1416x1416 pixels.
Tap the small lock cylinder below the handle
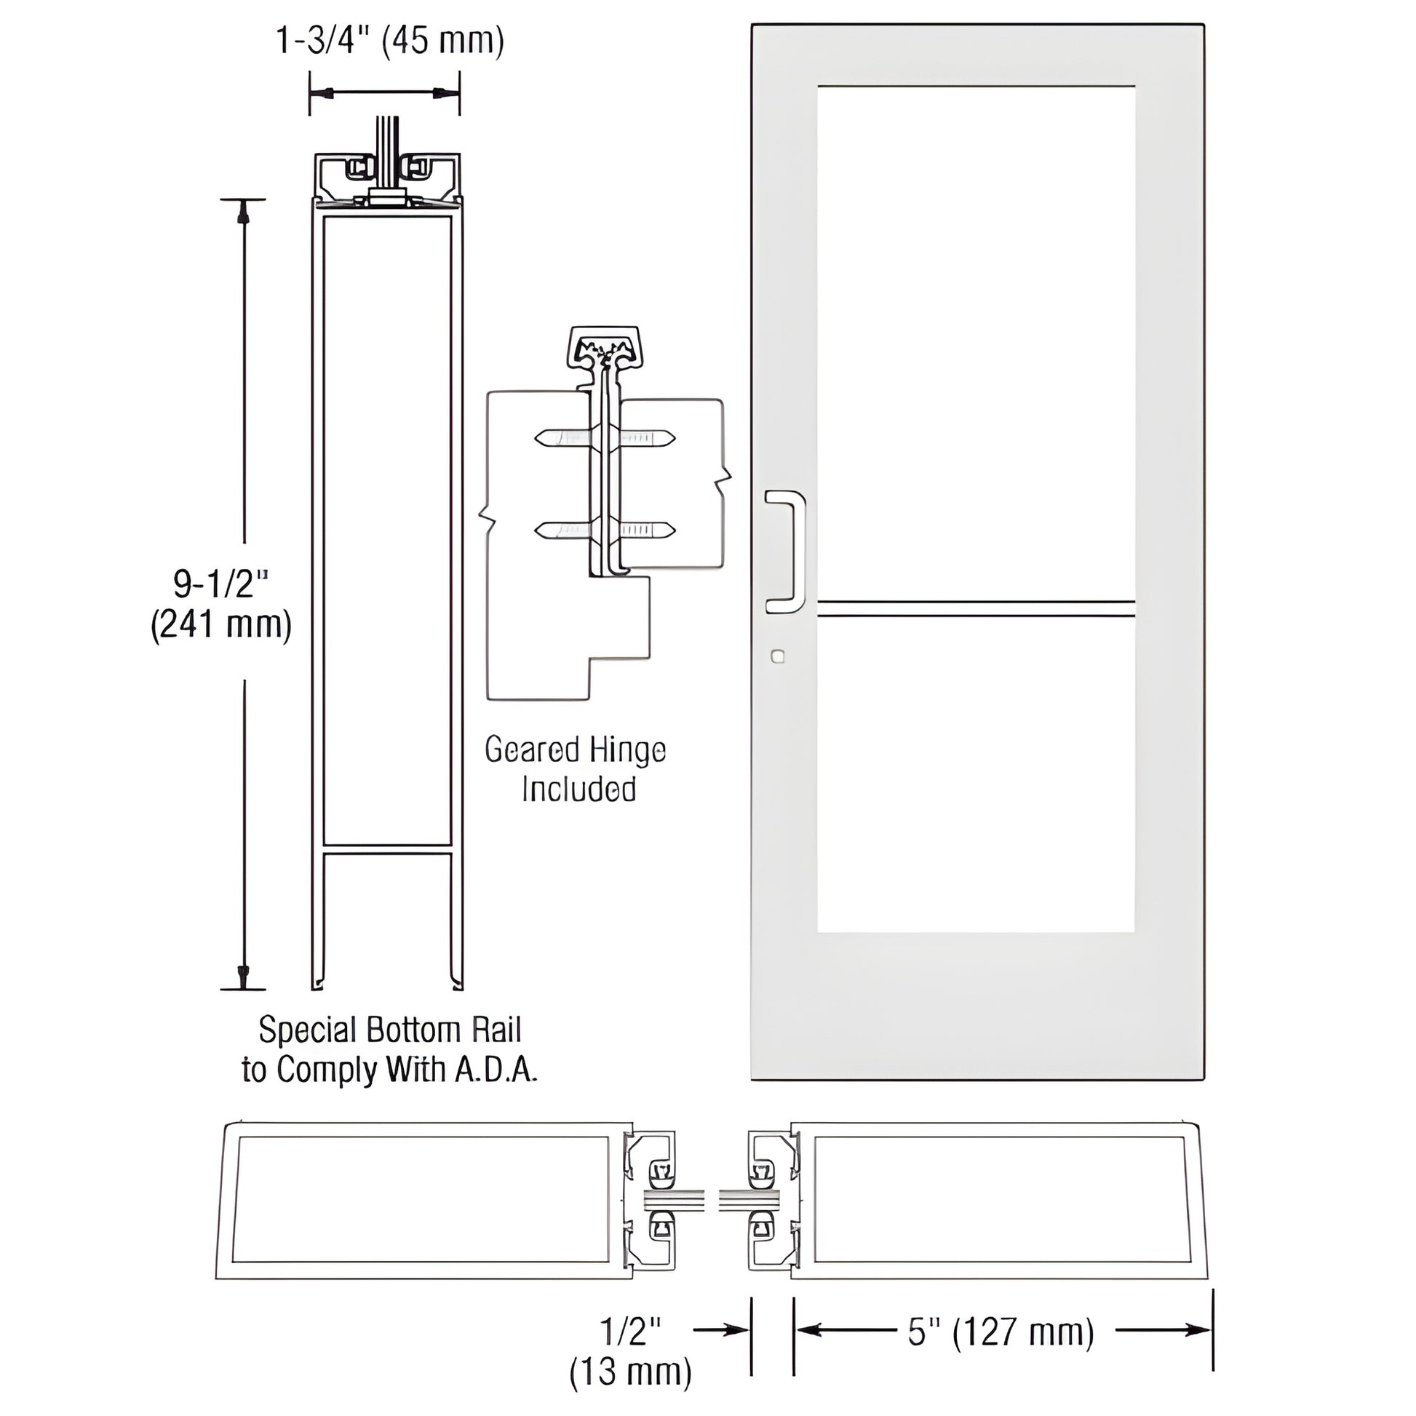778,656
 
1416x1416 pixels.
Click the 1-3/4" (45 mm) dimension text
389,41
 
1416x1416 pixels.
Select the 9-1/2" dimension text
220,584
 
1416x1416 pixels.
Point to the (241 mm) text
221,625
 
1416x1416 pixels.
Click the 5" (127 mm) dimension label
1001,1332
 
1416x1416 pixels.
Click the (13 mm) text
630,1372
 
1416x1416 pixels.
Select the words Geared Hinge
576,750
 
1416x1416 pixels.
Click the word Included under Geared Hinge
578,790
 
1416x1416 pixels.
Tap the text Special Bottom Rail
389,1030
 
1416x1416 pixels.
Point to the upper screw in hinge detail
605,438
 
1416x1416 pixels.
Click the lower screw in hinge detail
605,529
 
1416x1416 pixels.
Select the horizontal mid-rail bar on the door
976,608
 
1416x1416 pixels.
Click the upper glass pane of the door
976,341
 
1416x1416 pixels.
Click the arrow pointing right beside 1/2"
722,1329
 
